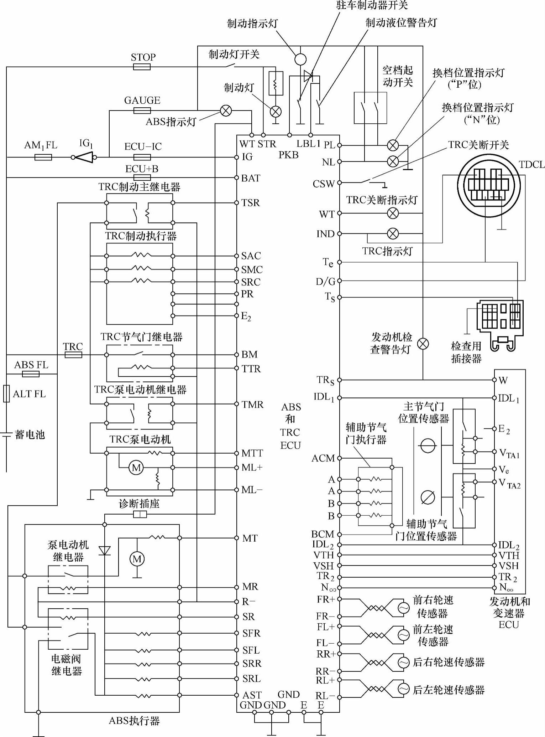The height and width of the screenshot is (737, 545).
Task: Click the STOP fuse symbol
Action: pyautogui.click(x=142, y=67)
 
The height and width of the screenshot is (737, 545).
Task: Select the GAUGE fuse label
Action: pyautogui.click(x=142, y=100)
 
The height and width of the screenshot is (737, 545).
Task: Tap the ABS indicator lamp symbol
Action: pyautogui.click(x=226, y=111)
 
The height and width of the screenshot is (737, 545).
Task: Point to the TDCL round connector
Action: pyautogui.click(x=489, y=185)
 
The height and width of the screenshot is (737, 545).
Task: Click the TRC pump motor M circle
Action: pyautogui.click(x=136, y=468)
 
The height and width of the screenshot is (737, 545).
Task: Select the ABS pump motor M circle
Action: pyautogui.click(x=137, y=559)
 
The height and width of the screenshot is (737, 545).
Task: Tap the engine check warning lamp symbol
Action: pyautogui.click(x=423, y=344)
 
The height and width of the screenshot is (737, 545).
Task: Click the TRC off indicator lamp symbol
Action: pyautogui.click(x=393, y=213)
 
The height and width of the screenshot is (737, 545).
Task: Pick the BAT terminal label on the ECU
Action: pyautogui.click(x=251, y=178)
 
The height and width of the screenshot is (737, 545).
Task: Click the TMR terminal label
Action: pyautogui.click(x=252, y=404)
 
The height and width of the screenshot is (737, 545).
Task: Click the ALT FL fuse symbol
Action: pyautogui.click(x=6, y=393)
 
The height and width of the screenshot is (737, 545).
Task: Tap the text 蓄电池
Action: pyautogui.click(x=30, y=435)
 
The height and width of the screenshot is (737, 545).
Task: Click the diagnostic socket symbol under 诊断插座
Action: pyautogui.click(x=140, y=514)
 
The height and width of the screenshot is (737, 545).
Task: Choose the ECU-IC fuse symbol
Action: pyautogui.click(x=142, y=157)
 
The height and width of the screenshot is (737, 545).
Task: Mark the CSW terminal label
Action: pyautogui.click(x=323, y=184)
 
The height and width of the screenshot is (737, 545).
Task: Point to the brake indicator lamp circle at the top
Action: pyautogui.click(x=300, y=59)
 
